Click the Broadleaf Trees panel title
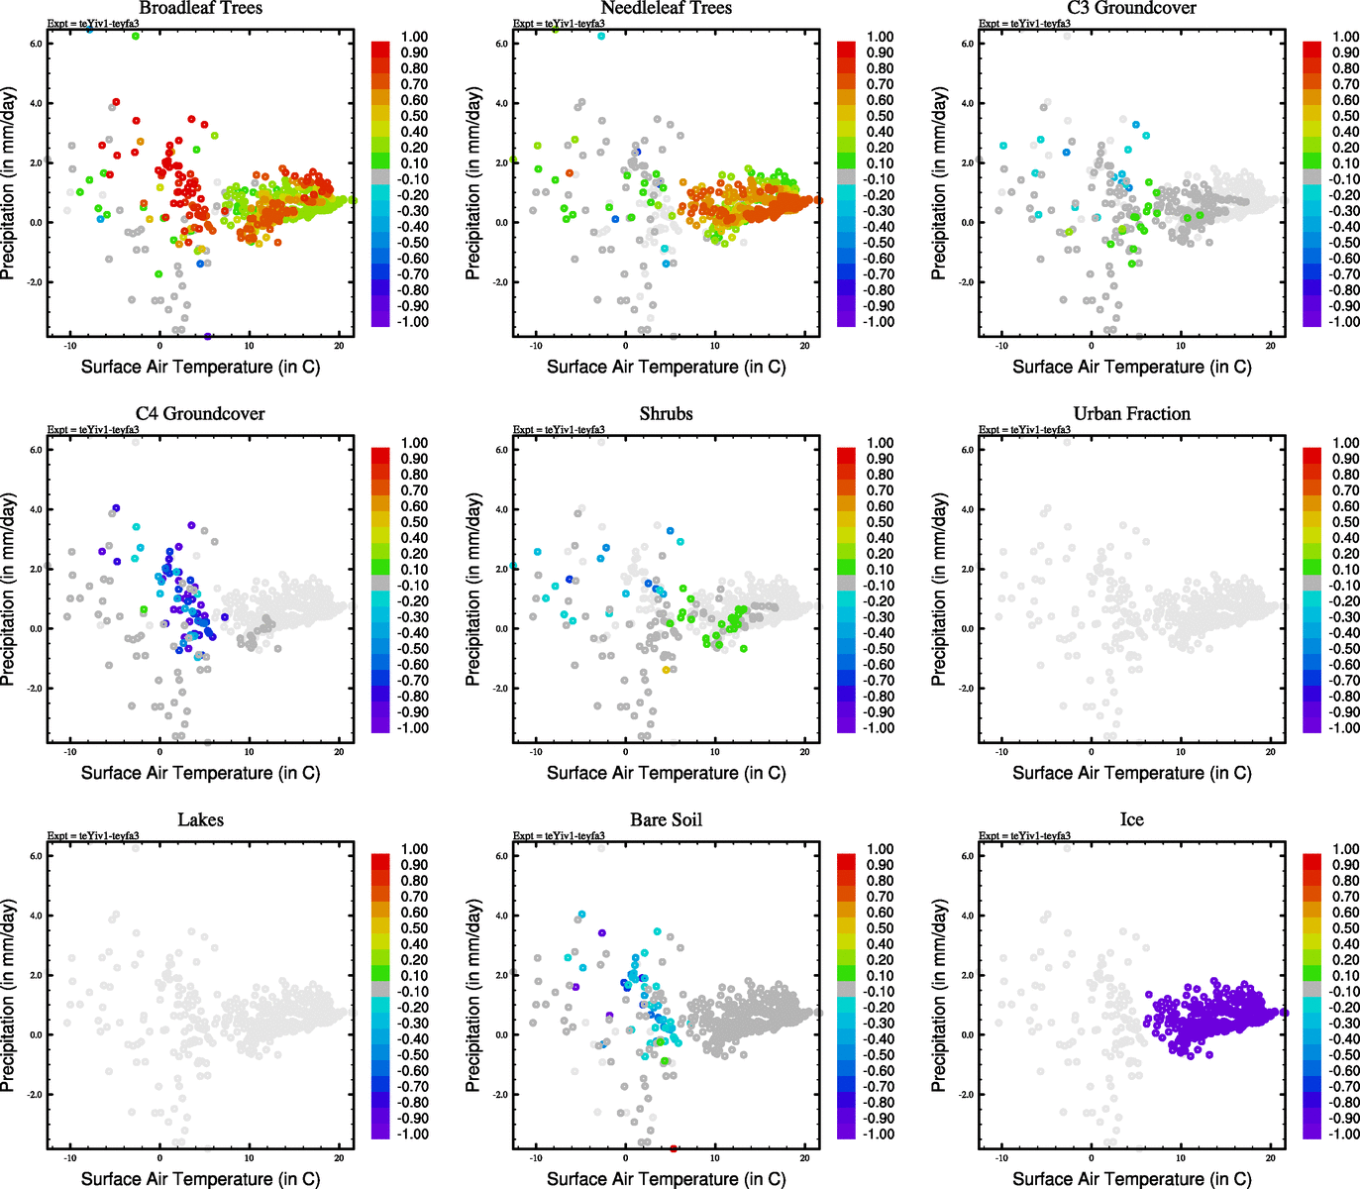coord(200,9)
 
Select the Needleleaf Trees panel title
coord(666,9)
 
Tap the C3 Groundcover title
coord(1131,9)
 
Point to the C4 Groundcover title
coord(200,414)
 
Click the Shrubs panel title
coord(666,414)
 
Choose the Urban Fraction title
coord(1131,414)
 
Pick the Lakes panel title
coord(200,820)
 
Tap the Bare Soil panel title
coord(666,820)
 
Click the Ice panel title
coord(1131,820)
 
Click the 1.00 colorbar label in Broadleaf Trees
coord(414,37)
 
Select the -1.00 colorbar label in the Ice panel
coord(1344,1134)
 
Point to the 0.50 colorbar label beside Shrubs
coord(880,522)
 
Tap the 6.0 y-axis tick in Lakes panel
coord(35,856)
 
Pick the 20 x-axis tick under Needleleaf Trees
coord(804,346)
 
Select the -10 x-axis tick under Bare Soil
coord(535,1158)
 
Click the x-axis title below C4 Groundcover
coord(200,773)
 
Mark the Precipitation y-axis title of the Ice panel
coord(939,995)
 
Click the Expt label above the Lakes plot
coord(93,836)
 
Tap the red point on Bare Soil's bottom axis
coord(674,1148)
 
